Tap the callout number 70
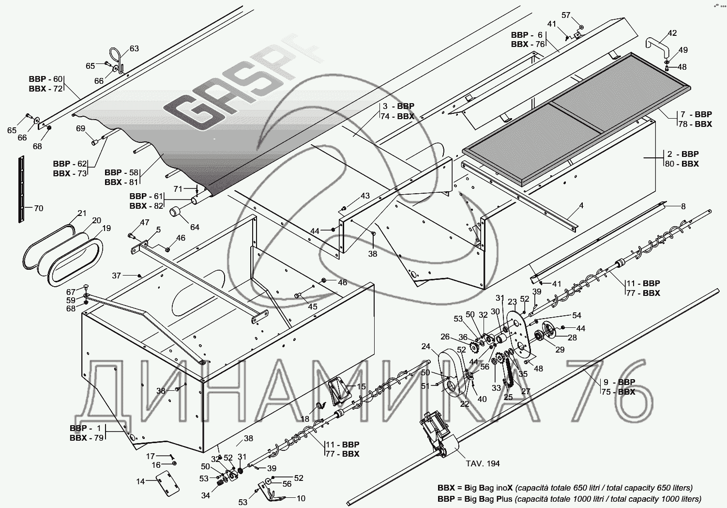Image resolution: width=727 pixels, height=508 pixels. tap(39, 208)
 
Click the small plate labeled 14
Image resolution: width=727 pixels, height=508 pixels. tap(167, 484)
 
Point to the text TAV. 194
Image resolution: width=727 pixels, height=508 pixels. tap(483, 463)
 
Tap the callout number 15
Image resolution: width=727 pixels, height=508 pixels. tap(361, 386)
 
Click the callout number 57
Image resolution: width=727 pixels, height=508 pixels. tap(566, 15)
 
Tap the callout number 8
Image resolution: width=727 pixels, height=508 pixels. tap(683, 206)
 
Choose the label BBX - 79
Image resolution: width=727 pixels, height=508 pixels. tap(87, 438)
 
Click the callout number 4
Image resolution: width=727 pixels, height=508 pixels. tap(581, 205)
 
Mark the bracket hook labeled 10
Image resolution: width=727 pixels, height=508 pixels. tap(273, 491)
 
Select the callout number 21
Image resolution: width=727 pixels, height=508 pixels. tap(82, 213)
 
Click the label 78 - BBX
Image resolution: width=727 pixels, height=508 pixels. tap(695, 124)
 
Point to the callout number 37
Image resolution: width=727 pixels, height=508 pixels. tap(117, 276)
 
